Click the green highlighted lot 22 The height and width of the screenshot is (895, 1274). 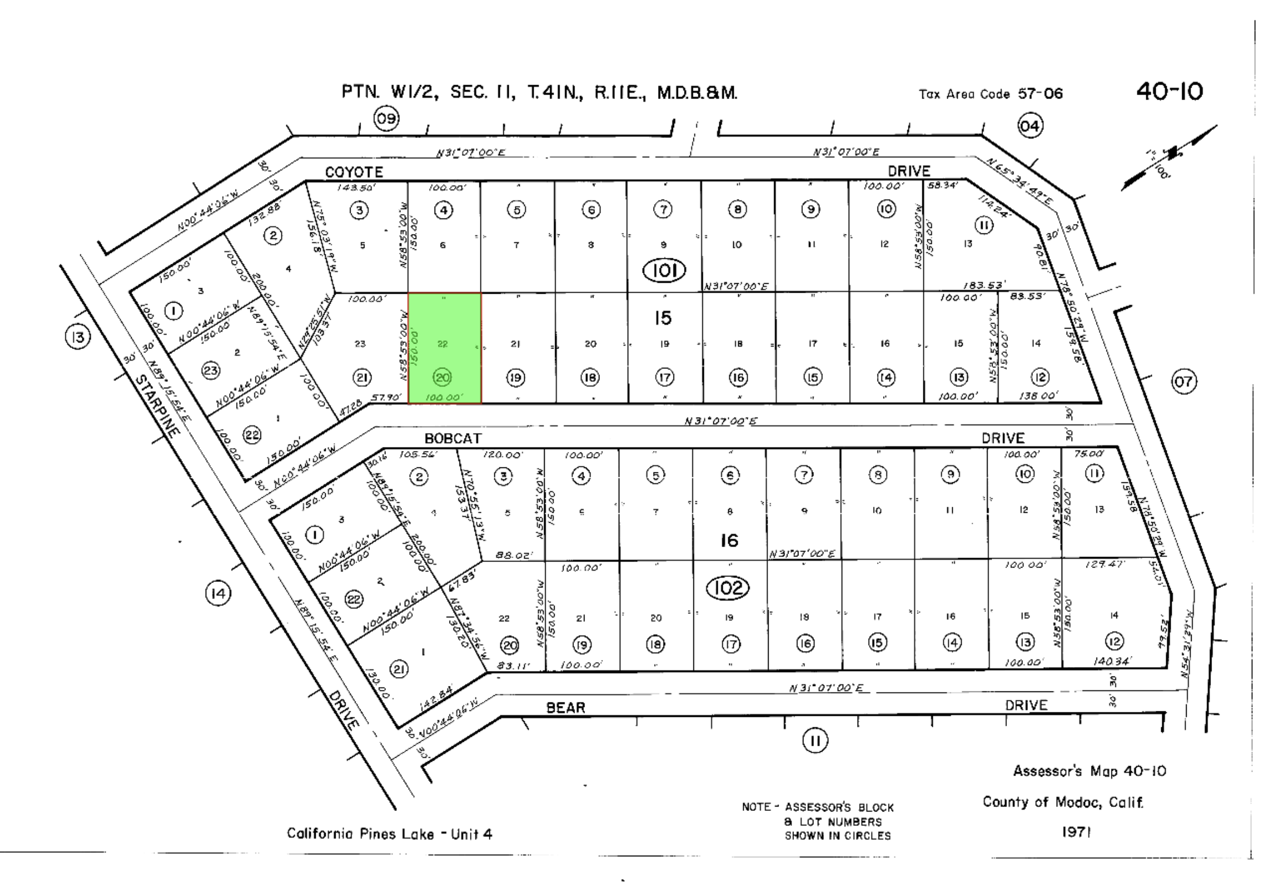point(445,347)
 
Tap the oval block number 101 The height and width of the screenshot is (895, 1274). point(664,271)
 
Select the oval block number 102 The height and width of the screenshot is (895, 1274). point(728,588)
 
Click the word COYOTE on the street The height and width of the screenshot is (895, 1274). point(353,172)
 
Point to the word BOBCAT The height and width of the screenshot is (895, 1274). point(453,439)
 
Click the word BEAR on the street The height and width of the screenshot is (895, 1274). point(566,708)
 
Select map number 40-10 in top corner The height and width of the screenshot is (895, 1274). point(1169,92)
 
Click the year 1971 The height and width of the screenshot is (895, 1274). point(1076,832)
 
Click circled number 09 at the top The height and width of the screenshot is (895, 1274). point(387,119)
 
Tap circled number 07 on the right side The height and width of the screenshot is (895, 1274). point(1183,382)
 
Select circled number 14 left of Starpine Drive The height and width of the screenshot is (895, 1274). point(218,594)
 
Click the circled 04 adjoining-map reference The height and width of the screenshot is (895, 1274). point(1030,126)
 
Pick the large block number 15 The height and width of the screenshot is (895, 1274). point(662,318)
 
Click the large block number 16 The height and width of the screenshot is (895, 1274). point(729,540)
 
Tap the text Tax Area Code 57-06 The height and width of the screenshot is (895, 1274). point(990,94)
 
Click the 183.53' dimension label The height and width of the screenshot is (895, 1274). point(984,285)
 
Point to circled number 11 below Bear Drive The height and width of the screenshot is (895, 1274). point(815,741)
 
